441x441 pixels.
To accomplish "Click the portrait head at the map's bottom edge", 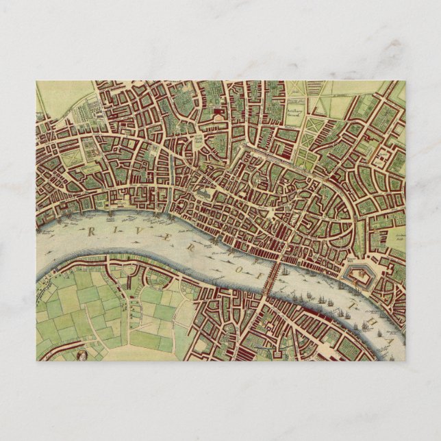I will point(81,355).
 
